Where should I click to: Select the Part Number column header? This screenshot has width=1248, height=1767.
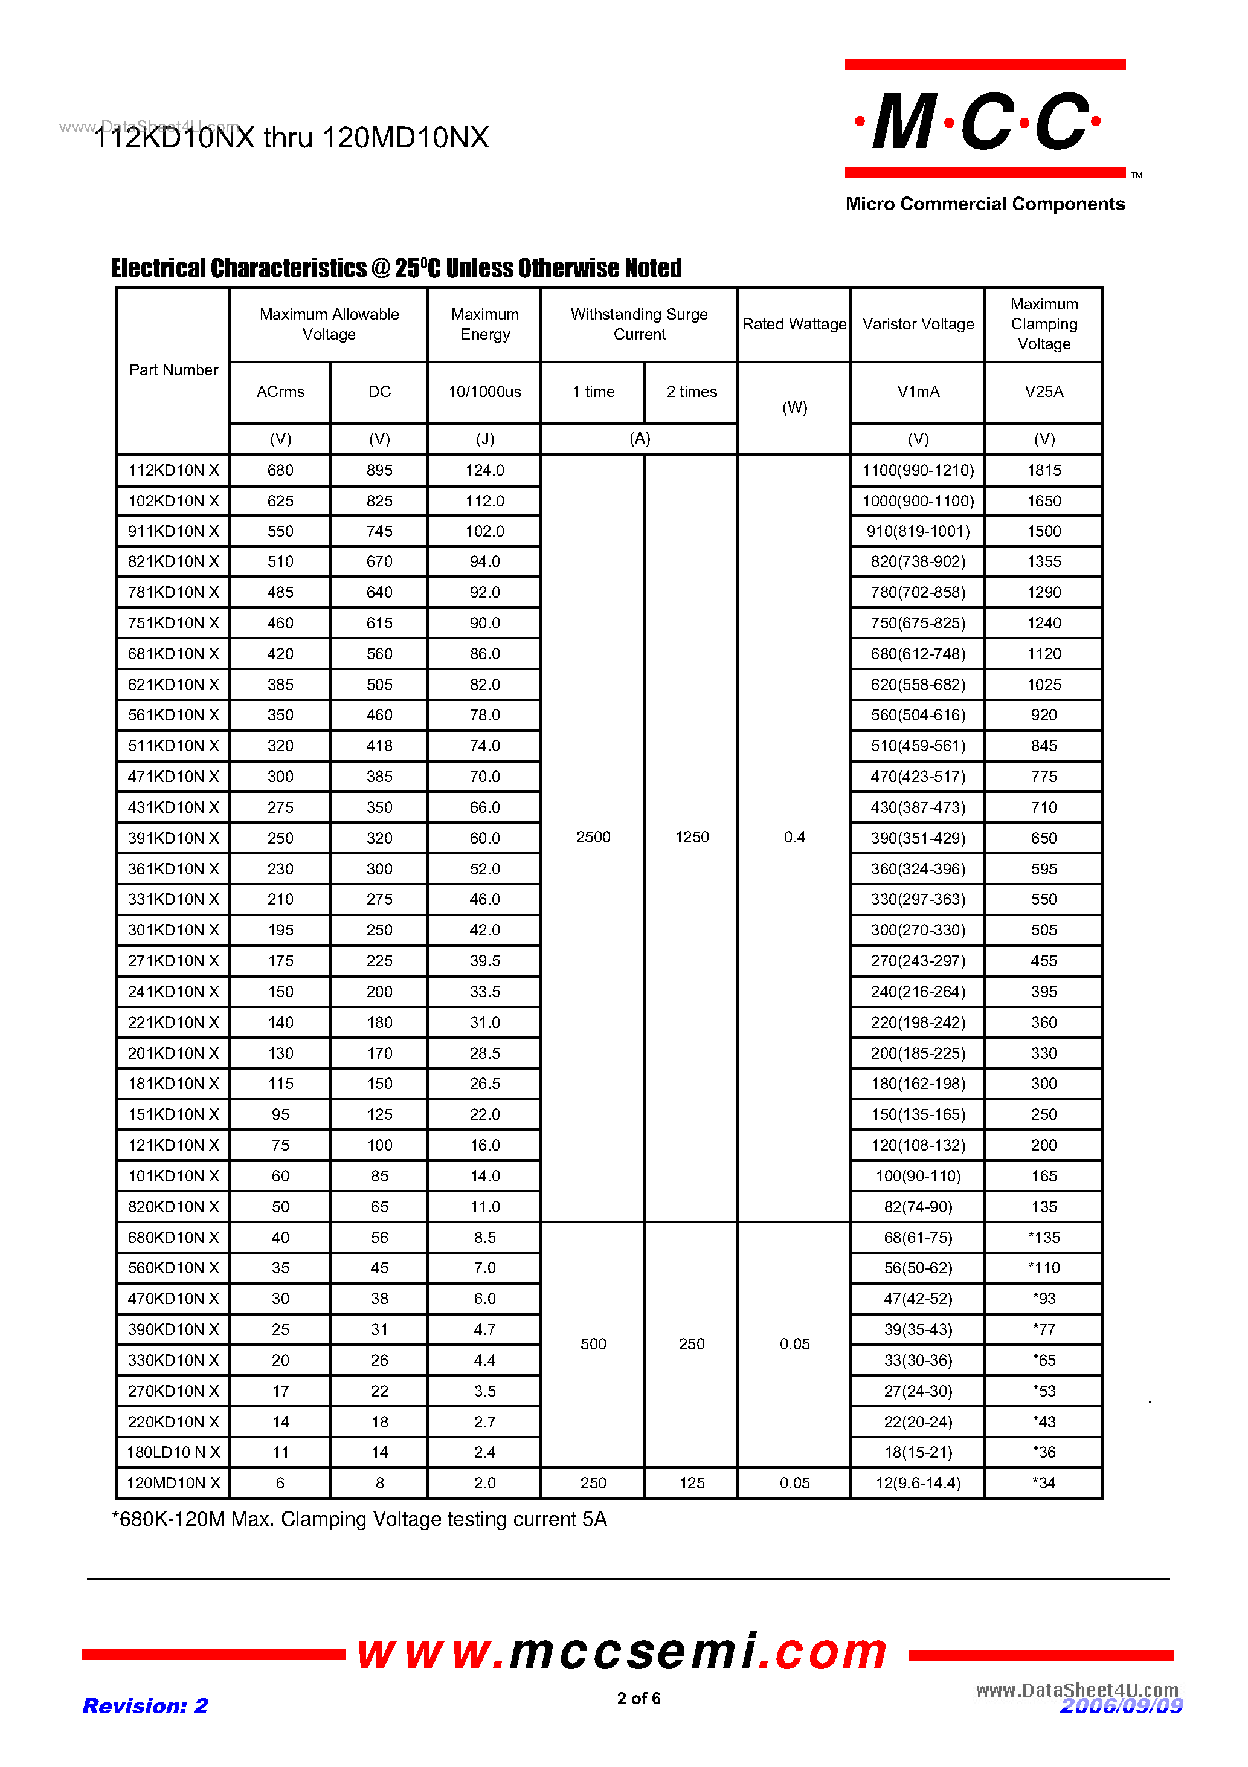coord(173,370)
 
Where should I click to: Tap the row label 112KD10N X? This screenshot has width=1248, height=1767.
coord(173,470)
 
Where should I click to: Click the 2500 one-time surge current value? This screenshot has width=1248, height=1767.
coord(593,838)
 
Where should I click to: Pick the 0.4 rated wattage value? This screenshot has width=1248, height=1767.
coord(794,838)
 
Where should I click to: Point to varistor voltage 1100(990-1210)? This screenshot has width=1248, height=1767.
coord(918,470)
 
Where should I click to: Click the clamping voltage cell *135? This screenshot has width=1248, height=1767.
coord(1044,1238)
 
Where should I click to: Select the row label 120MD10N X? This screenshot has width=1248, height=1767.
coord(173,1483)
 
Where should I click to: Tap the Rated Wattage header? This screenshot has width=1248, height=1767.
coord(794,324)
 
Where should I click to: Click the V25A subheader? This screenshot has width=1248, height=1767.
coord(1044,392)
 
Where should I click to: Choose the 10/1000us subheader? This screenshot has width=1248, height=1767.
coord(484,392)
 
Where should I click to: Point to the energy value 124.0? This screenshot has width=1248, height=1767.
coord(484,470)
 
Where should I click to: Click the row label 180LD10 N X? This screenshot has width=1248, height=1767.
coord(173,1452)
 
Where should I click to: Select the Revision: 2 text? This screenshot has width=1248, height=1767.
coord(146,1705)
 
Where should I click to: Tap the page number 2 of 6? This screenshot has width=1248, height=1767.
coord(638,1698)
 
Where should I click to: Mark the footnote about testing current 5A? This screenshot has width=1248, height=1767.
coord(359,1519)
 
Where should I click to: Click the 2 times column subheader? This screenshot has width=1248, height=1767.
coord(692,392)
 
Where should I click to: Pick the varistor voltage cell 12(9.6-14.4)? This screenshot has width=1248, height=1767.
coord(918,1483)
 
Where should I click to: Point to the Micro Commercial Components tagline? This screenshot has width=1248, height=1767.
coord(985,204)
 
